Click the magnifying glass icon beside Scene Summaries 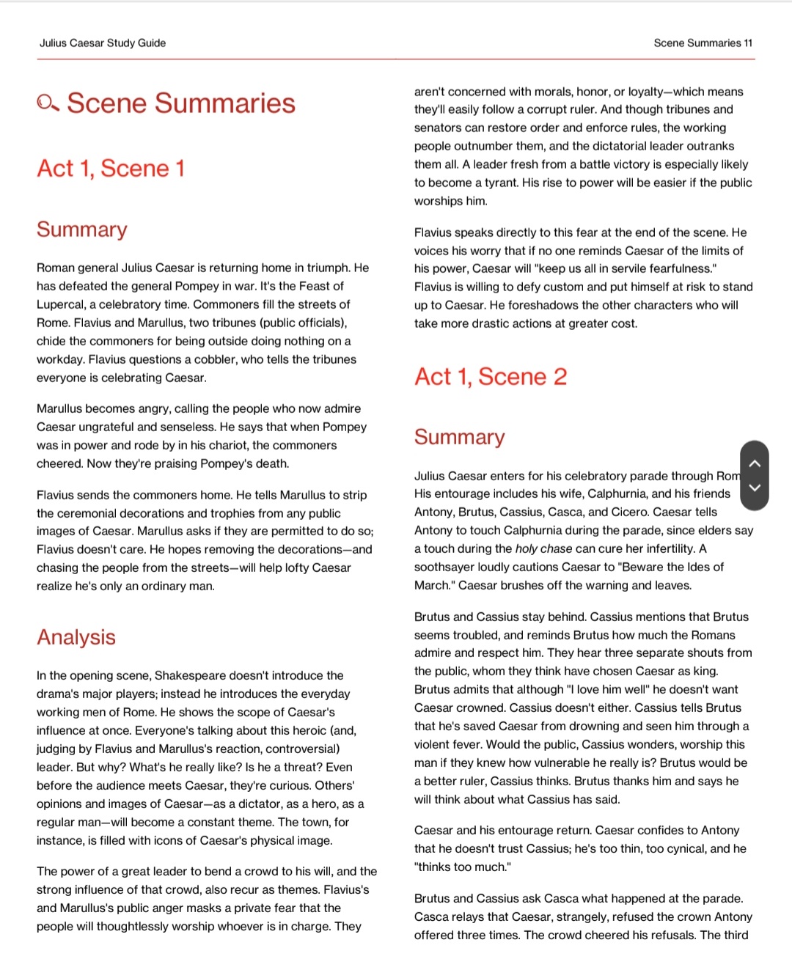[x=48, y=103]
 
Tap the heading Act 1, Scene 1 [x=111, y=169]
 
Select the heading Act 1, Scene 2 [x=491, y=377]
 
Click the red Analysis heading [x=76, y=637]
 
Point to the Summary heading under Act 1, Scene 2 [x=459, y=437]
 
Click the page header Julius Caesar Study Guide [x=103, y=43]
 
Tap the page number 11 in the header [x=748, y=43]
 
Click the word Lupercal [x=60, y=304]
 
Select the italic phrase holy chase [x=543, y=548]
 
